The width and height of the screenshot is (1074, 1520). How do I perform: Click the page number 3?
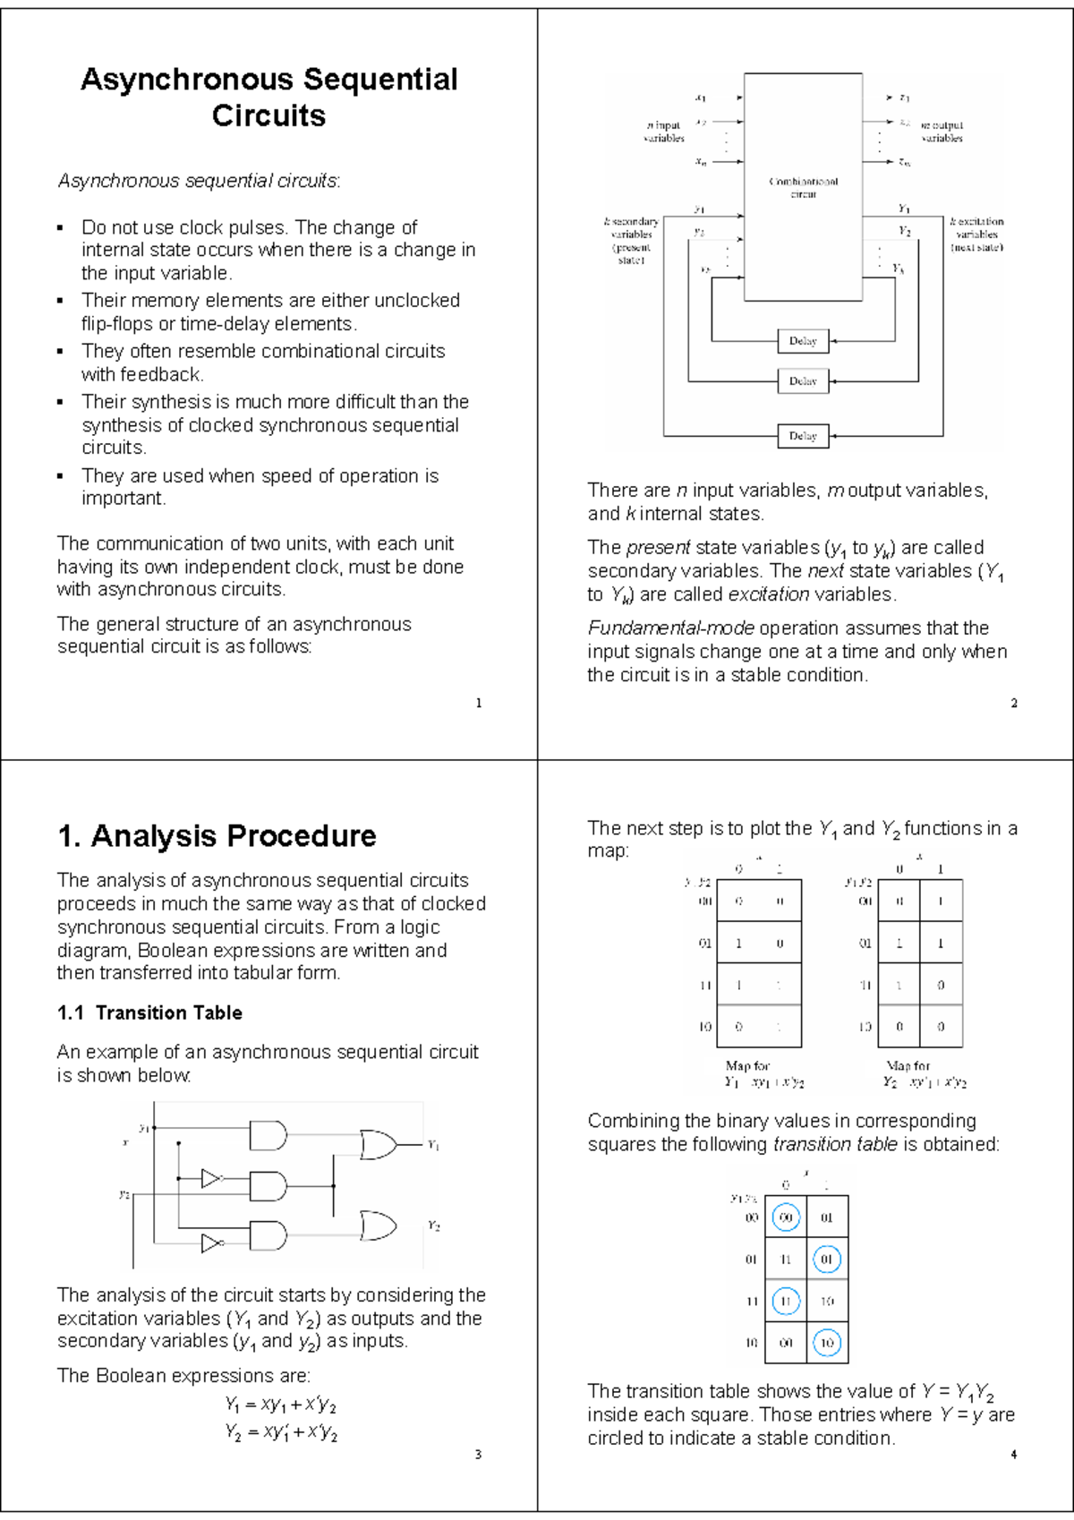click(478, 1455)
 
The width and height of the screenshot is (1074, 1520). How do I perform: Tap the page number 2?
click(1014, 703)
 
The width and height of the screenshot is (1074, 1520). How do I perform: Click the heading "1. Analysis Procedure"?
click(217, 835)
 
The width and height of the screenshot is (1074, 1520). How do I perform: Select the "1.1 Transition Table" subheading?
click(149, 1012)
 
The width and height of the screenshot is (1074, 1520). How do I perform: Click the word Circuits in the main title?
click(268, 115)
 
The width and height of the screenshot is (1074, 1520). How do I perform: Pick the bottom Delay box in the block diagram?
click(803, 436)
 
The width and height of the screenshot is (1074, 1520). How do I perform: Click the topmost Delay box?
click(803, 341)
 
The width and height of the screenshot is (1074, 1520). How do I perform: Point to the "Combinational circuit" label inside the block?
click(803, 187)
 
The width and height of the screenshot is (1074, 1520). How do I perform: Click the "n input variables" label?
click(663, 132)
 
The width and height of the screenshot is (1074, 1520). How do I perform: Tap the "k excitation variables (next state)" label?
click(976, 234)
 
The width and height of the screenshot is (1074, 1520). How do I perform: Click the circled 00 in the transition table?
click(786, 1217)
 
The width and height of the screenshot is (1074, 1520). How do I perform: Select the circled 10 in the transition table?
click(826, 1343)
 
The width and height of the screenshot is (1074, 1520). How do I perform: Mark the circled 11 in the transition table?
click(786, 1301)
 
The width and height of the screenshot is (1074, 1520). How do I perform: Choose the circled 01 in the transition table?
click(826, 1260)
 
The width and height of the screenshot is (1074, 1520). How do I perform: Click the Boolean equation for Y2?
click(281, 1432)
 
